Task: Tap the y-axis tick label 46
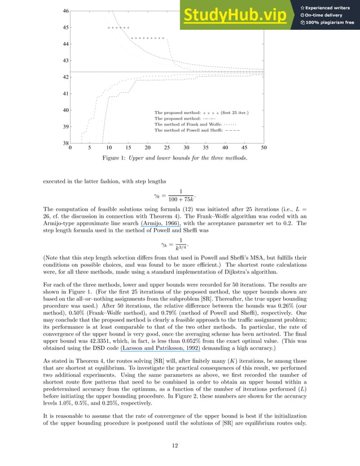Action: coord(65,11)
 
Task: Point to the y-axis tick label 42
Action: coord(65,77)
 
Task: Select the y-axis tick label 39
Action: coord(65,126)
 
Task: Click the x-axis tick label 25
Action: coord(167,148)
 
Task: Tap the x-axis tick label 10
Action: coord(109,148)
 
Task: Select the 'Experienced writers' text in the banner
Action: coord(328,7)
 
